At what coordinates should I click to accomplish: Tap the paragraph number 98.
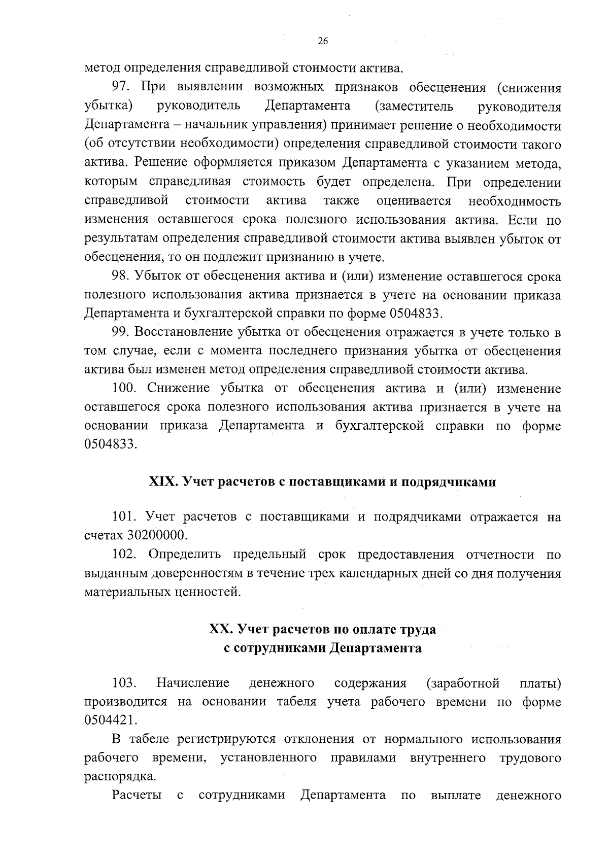click(122, 277)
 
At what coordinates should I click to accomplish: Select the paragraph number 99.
click(122, 333)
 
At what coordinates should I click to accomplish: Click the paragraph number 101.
click(125, 518)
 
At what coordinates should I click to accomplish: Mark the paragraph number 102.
click(125, 555)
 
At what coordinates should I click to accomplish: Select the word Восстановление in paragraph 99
click(183, 333)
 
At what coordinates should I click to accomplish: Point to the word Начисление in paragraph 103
click(193, 683)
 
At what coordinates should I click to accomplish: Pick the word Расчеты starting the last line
click(137, 796)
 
